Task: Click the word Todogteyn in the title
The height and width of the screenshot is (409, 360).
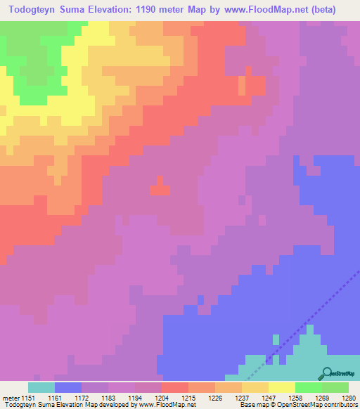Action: [x=35, y=9]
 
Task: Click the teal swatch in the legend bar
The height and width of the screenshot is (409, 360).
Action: [x=41, y=387]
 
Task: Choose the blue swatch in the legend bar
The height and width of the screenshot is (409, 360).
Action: [x=68, y=387]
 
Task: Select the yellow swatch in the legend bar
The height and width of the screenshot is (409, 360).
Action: [x=282, y=387]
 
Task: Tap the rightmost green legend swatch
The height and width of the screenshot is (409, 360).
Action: [x=335, y=387]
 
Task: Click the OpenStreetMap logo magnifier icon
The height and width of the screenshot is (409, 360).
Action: [x=326, y=373]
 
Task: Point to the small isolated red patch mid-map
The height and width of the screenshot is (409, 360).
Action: [x=160, y=188]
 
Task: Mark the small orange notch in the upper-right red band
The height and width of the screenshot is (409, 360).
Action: [x=243, y=86]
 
